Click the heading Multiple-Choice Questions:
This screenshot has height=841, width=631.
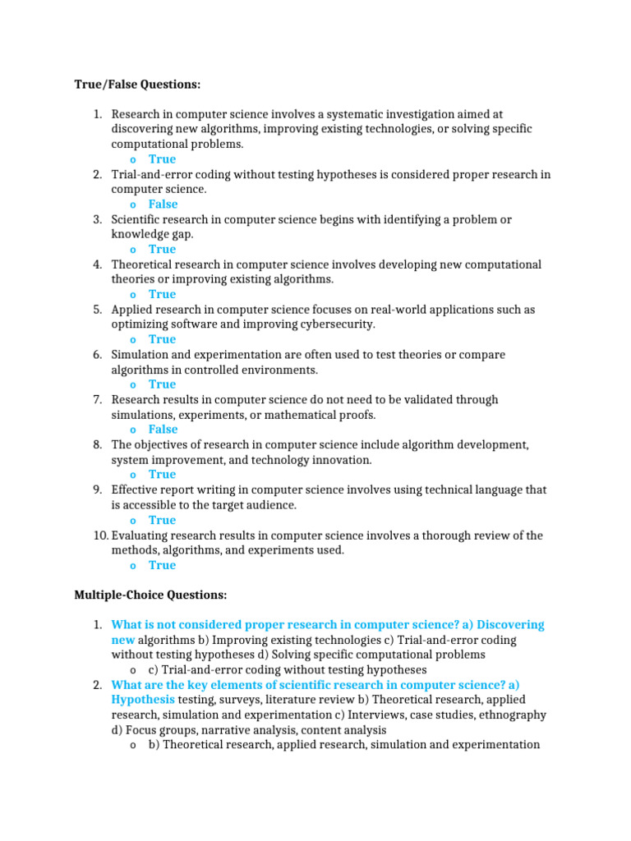pos(150,594)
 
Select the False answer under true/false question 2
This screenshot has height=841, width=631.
pos(163,205)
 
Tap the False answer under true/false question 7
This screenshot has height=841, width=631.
pos(163,430)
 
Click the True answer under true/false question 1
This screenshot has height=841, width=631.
pos(162,159)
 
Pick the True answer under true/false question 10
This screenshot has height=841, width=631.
pos(162,565)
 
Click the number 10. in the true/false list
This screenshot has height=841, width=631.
pos(99,535)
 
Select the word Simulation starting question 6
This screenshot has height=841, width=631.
pos(140,355)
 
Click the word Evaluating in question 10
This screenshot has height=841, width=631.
pos(140,535)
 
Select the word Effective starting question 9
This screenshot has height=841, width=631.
pos(136,489)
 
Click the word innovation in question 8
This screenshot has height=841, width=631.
pos(342,460)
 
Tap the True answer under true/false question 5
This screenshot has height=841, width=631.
pos(162,339)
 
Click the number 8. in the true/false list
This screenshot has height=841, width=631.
pos(97,444)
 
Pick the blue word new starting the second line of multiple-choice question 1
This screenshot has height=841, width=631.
pos(123,640)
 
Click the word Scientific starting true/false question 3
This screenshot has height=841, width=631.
pos(138,219)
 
